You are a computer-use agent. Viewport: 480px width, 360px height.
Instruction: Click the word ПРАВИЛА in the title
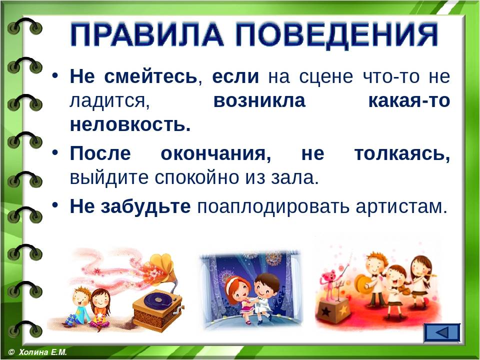[x=147, y=34]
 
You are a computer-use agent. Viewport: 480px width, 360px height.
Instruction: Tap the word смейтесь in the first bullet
[x=151, y=76]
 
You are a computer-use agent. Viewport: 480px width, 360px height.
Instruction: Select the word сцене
[x=326, y=77]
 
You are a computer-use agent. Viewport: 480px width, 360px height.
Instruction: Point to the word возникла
[x=259, y=100]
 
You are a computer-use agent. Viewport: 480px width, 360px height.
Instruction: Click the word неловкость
[x=130, y=124]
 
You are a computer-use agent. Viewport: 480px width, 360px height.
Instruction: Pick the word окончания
[x=216, y=154]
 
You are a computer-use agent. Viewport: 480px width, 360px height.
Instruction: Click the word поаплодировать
[x=273, y=207]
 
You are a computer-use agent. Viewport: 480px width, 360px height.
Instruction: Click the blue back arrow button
[x=442, y=333]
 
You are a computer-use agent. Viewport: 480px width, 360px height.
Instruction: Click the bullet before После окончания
[x=55, y=152]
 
